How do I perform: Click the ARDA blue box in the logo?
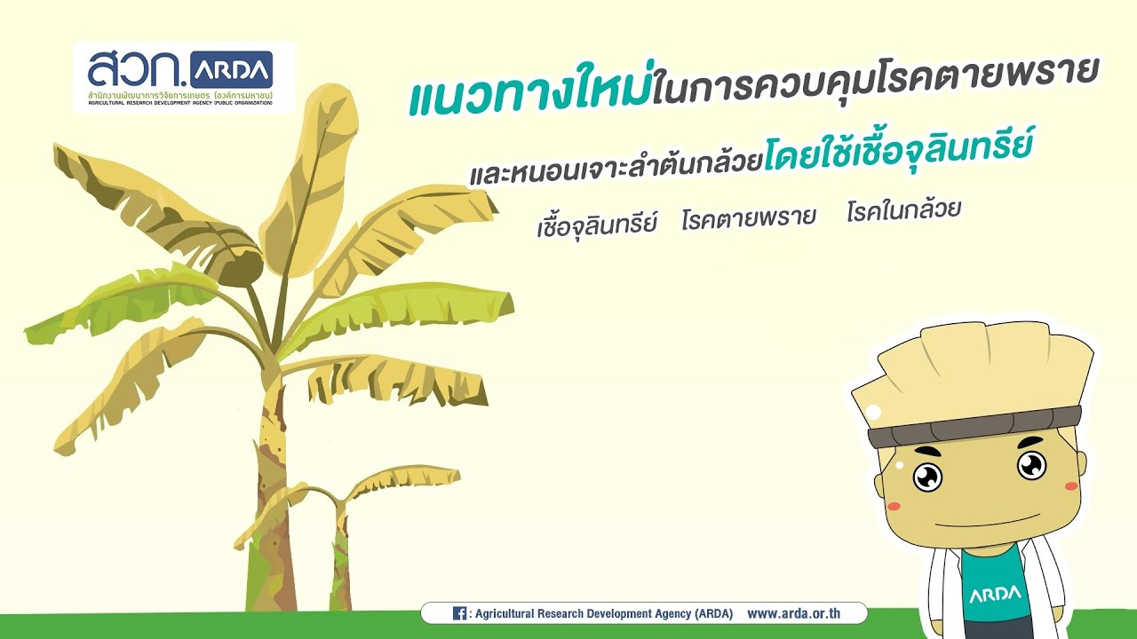(x=231, y=69)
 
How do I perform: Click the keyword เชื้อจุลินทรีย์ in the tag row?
(x=596, y=223)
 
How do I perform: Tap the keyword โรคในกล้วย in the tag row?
(x=903, y=211)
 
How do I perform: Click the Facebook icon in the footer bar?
(x=459, y=613)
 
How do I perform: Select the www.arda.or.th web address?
(x=806, y=613)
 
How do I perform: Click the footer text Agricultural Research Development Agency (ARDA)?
(x=604, y=613)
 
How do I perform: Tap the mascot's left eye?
(x=927, y=477)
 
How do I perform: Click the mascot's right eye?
(x=1031, y=464)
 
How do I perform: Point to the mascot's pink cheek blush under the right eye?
(x=1071, y=486)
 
